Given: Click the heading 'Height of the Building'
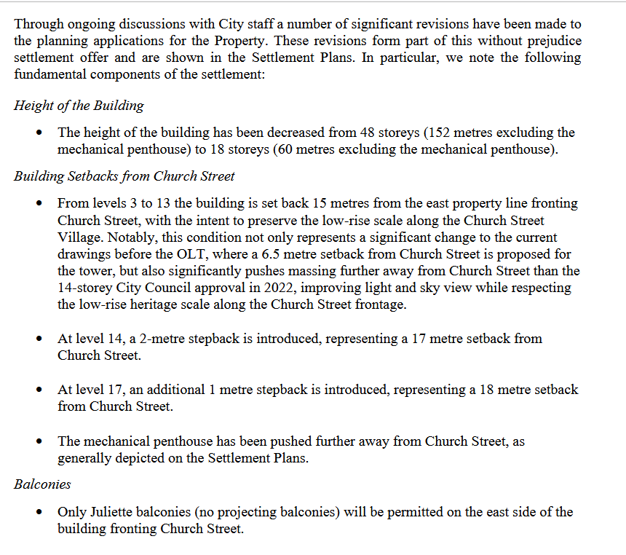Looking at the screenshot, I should point(79,105).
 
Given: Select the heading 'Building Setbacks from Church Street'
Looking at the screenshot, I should point(124,176).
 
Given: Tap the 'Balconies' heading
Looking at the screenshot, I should point(42,484).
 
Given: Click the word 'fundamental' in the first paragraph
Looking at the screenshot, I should point(52,74).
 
